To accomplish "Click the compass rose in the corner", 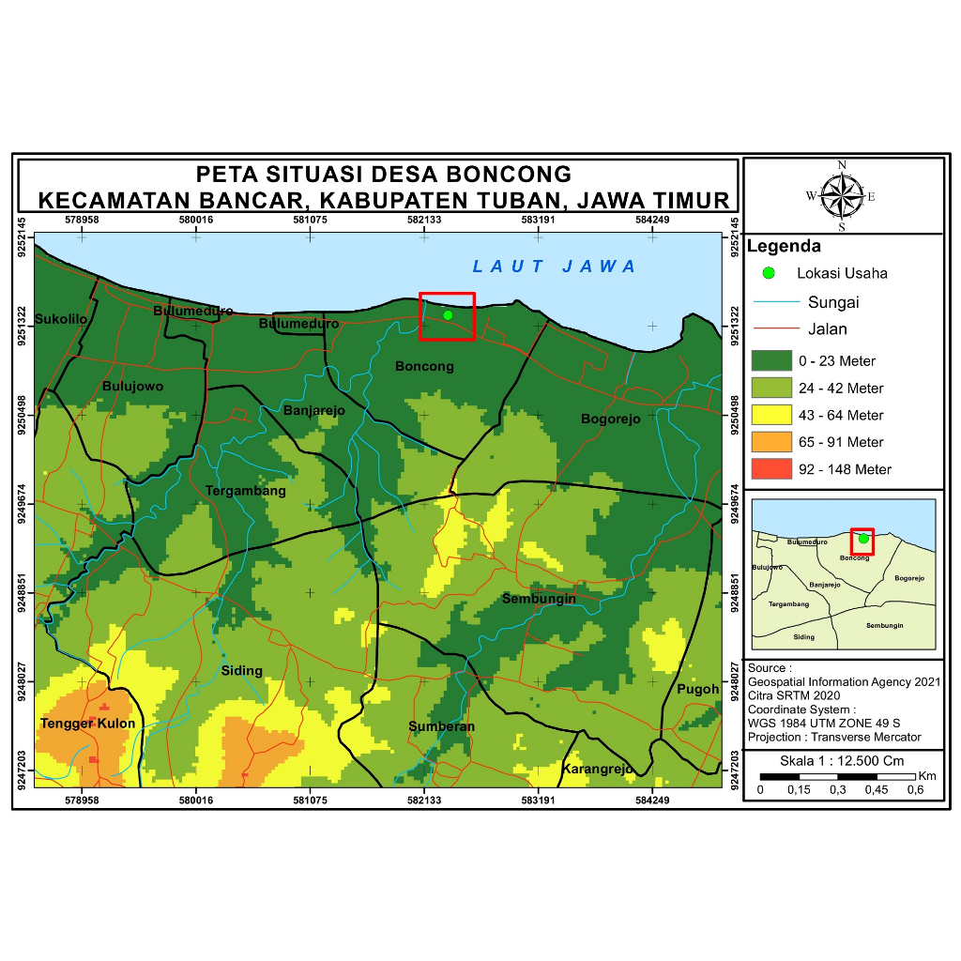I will point(842,196).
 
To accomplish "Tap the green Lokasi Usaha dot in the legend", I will point(769,273).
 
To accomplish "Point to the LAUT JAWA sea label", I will point(555,267).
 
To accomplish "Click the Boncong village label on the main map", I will point(424,366).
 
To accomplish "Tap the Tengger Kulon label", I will point(87,724).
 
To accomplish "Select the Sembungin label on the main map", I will point(539,599).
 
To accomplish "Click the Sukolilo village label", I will point(61,319).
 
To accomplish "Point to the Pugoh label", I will point(698,689).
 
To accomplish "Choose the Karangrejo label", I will point(598,770).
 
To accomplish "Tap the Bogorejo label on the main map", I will point(611,419).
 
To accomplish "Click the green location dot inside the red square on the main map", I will point(448,315).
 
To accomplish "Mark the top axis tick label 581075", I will point(310,220).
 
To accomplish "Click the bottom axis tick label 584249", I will point(652,801).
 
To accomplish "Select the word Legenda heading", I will point(784,247).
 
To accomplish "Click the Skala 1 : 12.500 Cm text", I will point(842,760).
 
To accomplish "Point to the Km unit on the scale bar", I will point(927,776).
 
